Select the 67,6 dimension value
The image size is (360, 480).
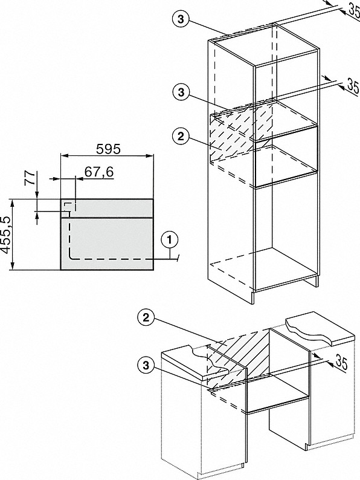(x=99, y=172)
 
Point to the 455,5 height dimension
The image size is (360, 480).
(x=7, y=235)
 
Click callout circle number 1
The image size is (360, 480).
(x=172, y=239)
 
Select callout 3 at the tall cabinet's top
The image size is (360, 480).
(x=179, y=19)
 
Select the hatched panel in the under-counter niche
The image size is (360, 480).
(x=239, y=357)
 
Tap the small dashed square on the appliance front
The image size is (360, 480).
(x=69, y=207)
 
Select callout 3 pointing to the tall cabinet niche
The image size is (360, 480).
(x=179, y=92)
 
